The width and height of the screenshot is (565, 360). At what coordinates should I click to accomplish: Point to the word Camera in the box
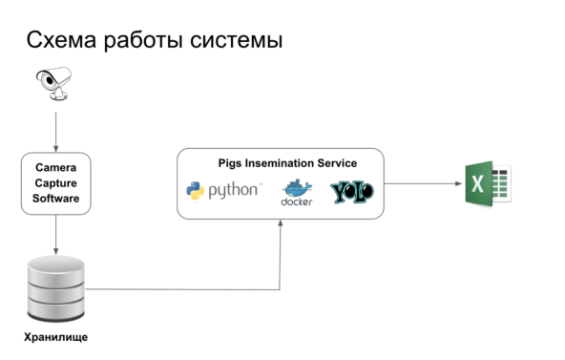tap(55, 166)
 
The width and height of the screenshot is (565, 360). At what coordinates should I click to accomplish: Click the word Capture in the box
tap(55, 182)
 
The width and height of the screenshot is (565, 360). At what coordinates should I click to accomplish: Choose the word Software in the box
tap(55, 199)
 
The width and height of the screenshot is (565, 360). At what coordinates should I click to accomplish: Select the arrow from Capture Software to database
tap(55, 234)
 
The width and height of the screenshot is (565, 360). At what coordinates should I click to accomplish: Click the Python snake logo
tap(195, 191)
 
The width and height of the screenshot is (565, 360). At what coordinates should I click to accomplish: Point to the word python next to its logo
tap(234, 191)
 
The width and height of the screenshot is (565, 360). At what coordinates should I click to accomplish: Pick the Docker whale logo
tap(297, 192)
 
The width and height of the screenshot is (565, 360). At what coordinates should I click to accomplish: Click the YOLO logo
tap(351, 191)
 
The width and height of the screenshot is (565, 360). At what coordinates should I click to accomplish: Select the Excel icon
tap(487, 183)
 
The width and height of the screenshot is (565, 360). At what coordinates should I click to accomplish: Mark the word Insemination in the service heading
tap(283, 163)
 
